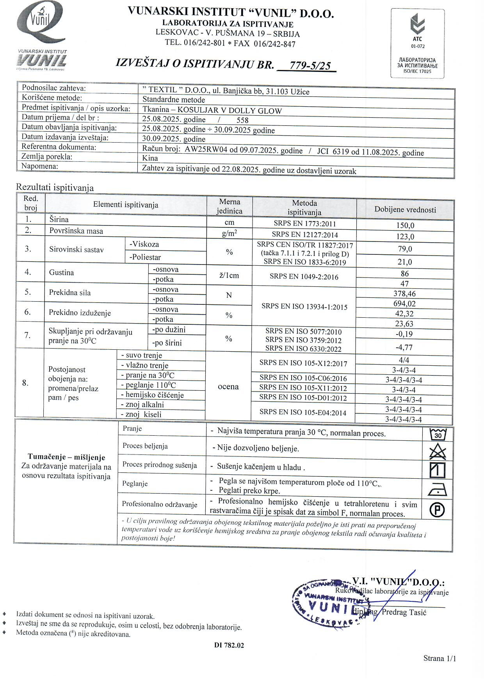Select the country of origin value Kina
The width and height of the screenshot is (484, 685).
click(x=150, y=158)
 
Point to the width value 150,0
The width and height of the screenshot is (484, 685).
click(x=405, y=225)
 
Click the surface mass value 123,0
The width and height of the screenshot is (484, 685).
click(x=405, y=236)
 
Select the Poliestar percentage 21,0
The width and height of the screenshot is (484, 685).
click(x=405, y=262)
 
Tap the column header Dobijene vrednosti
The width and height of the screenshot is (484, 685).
click(x=405, y=209)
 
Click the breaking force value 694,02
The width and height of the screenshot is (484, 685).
click(x=404, y=304)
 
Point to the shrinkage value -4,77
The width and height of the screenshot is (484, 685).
click(x=404, y=347)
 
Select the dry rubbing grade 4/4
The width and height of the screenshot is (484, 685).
click(x=404, y=360)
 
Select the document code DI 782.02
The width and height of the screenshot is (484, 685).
click(x=229, y=645)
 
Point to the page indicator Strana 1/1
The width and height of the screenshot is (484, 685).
click(x=440, y=658)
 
